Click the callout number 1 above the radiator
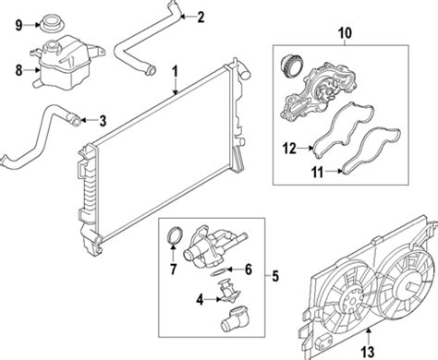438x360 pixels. point(175,71)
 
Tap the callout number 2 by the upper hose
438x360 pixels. point(201,17)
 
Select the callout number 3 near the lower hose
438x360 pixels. point(103,121)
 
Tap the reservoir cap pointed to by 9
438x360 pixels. point(52,23)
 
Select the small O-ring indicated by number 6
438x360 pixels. point(220,272)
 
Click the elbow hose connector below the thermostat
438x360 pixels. point(233,318)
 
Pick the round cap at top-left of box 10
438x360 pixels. point(292,66)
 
